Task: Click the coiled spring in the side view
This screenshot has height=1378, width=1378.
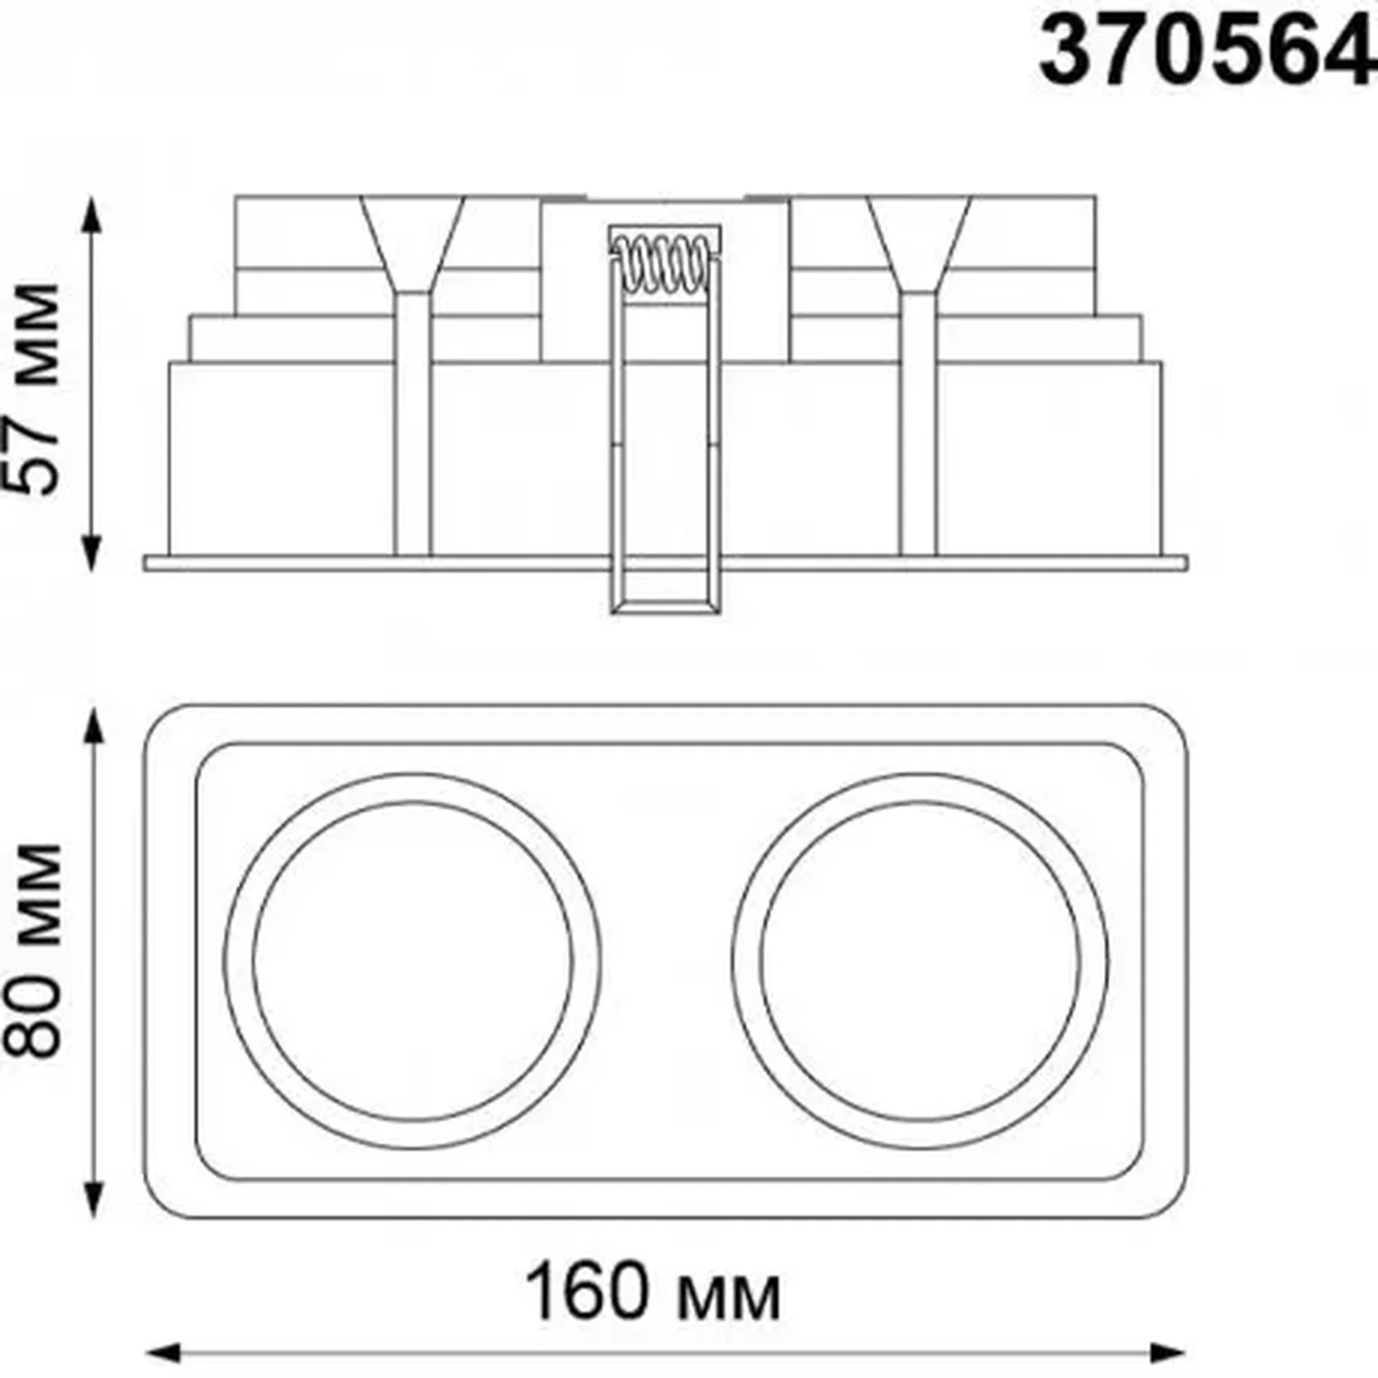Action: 665,265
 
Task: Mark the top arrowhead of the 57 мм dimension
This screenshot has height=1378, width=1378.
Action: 92,213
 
